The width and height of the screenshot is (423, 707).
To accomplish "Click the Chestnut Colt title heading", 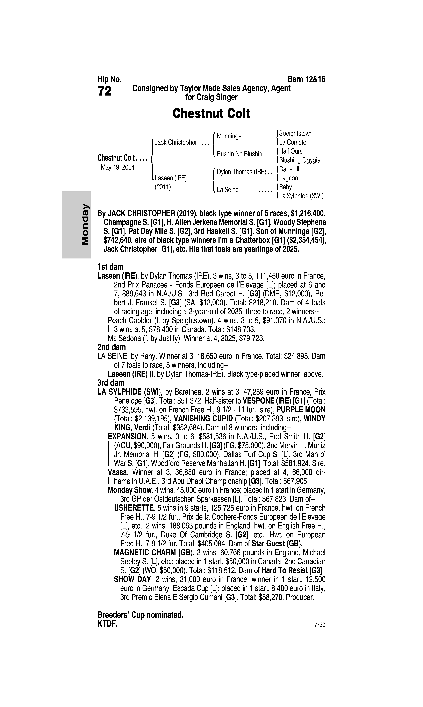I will (x=211, y=113).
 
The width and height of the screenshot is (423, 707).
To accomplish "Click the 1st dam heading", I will (x=110, y=267).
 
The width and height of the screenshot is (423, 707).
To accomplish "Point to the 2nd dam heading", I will (x=111, y=347).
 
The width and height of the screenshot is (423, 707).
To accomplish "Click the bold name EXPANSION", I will (x=127, y=436).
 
